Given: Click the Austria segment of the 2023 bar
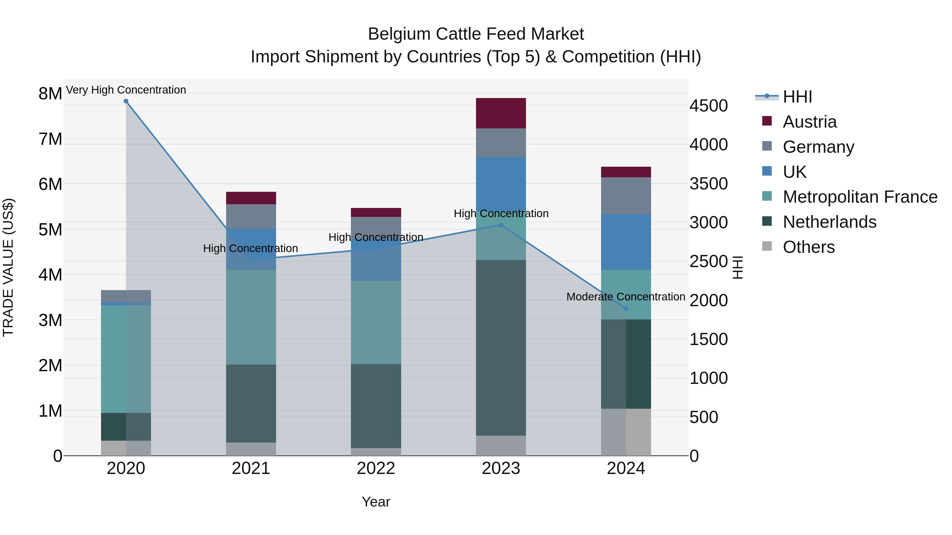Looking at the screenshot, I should (x=501, y=113).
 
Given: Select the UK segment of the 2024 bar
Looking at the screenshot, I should (x=626, y=242).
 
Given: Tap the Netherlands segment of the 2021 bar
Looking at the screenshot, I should (x=251, y=403).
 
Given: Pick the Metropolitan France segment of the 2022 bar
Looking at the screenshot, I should (x=376, y=322).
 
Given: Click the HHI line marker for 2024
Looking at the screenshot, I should (x=626, y=308).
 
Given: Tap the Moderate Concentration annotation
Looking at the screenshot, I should (x=625, y=296).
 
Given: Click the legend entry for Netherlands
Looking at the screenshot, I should (x=829, y=222).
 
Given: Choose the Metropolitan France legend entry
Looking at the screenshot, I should (x=860, y=197).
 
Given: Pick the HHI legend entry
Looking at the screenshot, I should (x=797, y=97).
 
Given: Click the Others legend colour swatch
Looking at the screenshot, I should (x=767, y=246).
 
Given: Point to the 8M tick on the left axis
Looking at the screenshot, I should (x=50, y=94).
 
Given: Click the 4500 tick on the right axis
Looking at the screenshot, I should (x=708, y=106).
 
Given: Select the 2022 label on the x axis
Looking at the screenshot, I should (x=376, y=468).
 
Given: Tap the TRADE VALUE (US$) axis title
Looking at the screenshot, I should (x=8, y=267).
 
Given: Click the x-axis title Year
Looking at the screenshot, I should (x=376, y=502).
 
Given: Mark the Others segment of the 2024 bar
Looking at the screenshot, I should (x=626, y=432).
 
